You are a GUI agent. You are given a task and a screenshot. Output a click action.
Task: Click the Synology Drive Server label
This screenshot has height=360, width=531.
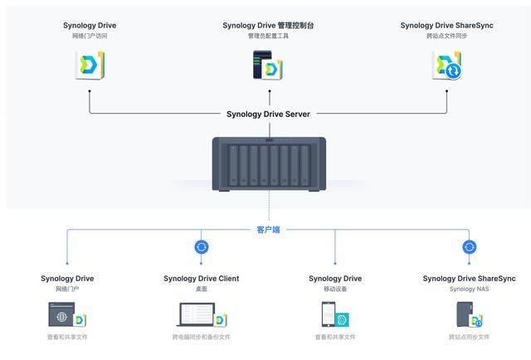coord(268,114)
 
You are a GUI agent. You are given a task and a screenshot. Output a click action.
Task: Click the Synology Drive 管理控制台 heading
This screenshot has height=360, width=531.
coord(268,25)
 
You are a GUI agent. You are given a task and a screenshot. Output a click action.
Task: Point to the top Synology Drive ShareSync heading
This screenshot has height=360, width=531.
coord(446,25)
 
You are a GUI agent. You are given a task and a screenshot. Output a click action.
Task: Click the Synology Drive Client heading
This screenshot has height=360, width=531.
coord(201,279)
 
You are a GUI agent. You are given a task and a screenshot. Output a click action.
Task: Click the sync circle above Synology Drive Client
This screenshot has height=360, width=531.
coord(201,246)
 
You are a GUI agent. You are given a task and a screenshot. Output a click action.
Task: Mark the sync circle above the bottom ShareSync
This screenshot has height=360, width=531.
coord(469,246)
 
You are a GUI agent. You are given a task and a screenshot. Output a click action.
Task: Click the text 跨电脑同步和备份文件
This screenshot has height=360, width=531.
coord(201,338)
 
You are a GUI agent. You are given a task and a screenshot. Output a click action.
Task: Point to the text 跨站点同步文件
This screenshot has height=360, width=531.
coord(469,338)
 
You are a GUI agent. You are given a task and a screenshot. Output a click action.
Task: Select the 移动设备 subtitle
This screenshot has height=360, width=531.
coord(335,289)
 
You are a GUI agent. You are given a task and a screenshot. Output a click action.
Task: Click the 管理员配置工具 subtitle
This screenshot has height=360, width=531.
coord(268,36)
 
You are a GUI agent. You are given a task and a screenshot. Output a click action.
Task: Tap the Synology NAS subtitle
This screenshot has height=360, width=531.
coord(469,289)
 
